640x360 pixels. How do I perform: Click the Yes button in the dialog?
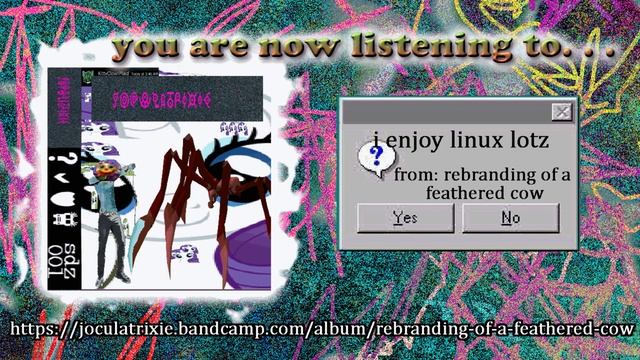point(405,218)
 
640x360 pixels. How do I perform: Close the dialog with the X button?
point(562,112)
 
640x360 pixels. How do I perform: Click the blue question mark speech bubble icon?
point(375,156)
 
